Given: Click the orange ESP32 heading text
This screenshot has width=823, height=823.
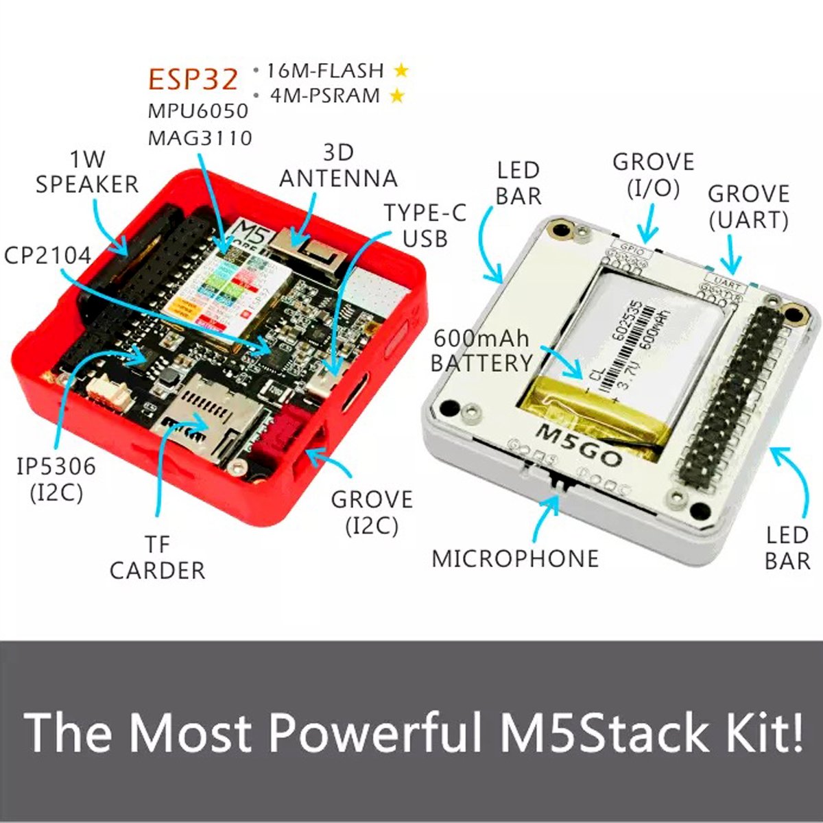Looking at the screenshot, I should tap(193, 80).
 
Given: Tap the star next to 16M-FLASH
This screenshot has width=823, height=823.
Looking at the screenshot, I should tap(401, 70).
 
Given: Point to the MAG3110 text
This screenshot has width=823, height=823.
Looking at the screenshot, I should tap(200, 137).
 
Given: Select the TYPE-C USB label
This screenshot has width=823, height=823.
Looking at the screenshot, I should tap(425, 225).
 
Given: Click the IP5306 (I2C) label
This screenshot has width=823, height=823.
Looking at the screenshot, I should tap(56, 479).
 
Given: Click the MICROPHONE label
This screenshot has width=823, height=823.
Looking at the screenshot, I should tap(515, 558).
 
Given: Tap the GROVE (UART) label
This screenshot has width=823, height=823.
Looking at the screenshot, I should tap(748, 206).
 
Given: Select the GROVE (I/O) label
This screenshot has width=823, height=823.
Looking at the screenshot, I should tap(653, 175).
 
